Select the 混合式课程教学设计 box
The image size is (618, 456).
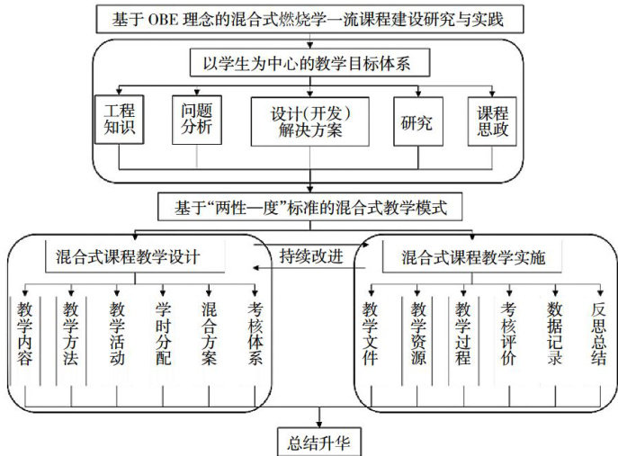point(134,256)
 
